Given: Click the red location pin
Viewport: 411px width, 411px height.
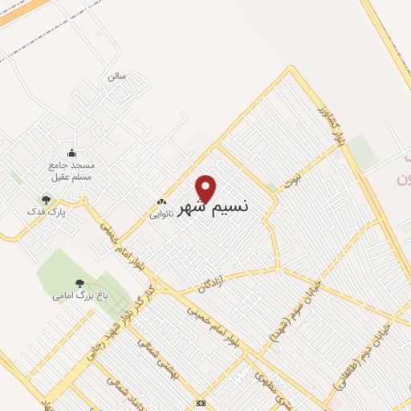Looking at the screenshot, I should tap(206, 189).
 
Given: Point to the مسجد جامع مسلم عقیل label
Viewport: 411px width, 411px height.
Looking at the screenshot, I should tap(71, 170).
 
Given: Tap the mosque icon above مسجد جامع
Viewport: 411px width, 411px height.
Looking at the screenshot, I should tap(71, 153).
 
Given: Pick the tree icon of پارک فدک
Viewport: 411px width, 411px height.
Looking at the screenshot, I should tap(46, 200).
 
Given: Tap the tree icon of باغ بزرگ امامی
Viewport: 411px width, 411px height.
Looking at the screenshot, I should tap(79, 283).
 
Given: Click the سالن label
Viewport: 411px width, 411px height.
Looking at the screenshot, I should tap(117, 76).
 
